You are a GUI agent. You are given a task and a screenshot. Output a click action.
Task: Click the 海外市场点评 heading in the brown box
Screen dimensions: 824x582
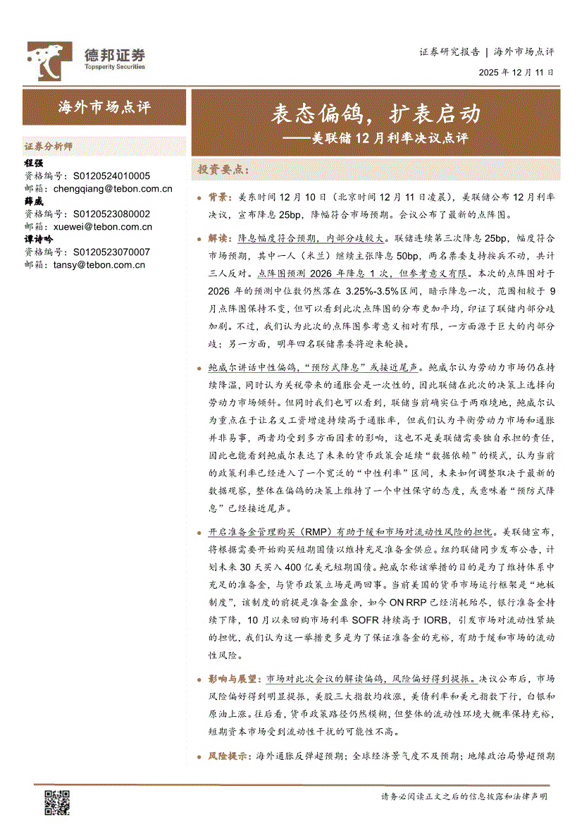(104, 107)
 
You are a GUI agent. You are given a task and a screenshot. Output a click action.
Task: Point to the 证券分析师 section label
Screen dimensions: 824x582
(49, 147)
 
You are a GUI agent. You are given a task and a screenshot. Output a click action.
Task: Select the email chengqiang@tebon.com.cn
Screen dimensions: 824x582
(113, 189)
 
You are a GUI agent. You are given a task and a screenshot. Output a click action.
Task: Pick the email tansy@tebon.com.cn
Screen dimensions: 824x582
(99, 265)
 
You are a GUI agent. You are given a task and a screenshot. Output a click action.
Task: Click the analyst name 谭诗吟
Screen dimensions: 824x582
(39, 240)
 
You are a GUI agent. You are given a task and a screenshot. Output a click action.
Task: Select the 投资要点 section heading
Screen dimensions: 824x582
(223, 170)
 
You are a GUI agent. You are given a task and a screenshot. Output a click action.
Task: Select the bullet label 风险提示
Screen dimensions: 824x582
(229, 756)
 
